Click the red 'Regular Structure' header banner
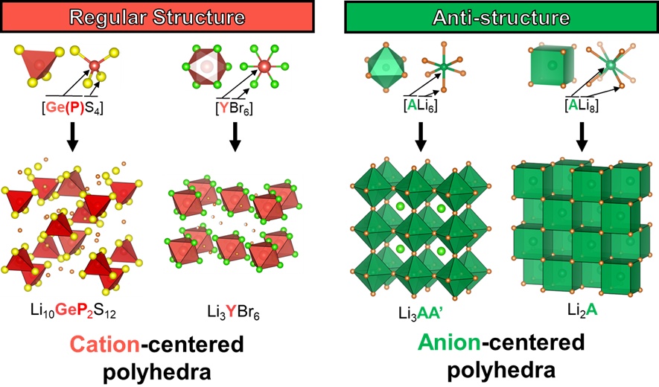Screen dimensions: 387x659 pyautogui.click(x=159, y=16)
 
